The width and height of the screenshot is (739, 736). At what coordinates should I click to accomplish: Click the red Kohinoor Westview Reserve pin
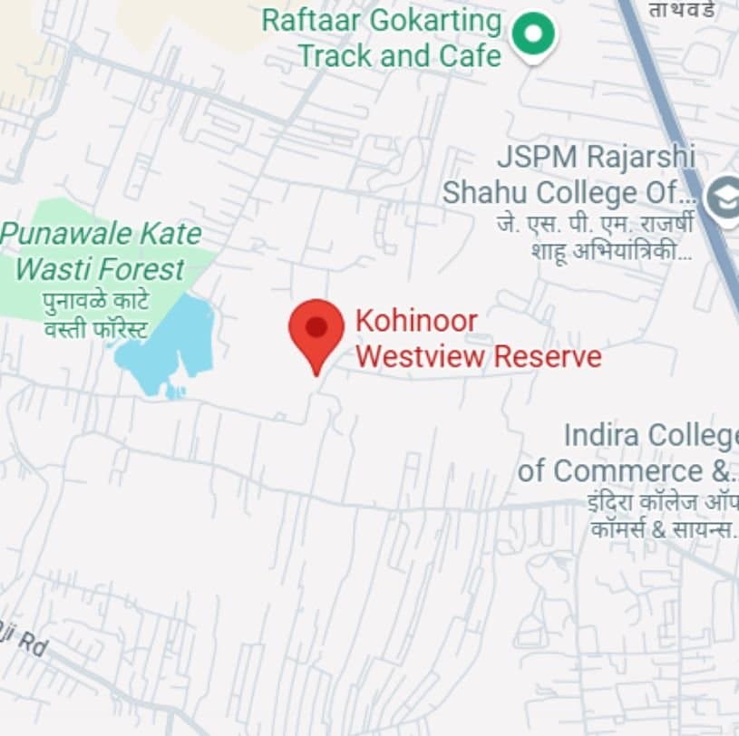[x=316, y=329]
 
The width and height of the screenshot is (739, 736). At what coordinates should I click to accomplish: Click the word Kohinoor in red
[x=415, y=321]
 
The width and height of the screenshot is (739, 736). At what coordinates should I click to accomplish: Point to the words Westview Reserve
[x=478, y=356]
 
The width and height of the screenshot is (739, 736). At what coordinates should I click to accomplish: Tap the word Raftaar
[x=312, y=20]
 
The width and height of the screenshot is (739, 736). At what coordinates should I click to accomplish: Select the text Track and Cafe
[x=399, y=55]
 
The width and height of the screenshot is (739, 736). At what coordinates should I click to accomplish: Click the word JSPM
[x=536, y=156]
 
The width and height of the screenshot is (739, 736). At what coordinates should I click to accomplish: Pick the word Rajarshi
[x=640, y=156]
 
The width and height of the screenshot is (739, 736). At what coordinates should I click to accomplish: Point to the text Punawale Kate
[x=101, y=234]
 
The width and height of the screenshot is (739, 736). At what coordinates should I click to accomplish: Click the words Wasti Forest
[x=100, y=269]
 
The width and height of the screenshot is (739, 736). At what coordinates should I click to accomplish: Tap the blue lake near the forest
[x=172, y=344]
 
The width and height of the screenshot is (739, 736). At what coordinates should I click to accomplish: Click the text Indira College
[x=651, y=435]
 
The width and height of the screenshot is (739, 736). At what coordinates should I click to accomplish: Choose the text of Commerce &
[x=626, y=471]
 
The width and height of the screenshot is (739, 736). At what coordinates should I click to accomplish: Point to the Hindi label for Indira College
[x=662, y=515]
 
